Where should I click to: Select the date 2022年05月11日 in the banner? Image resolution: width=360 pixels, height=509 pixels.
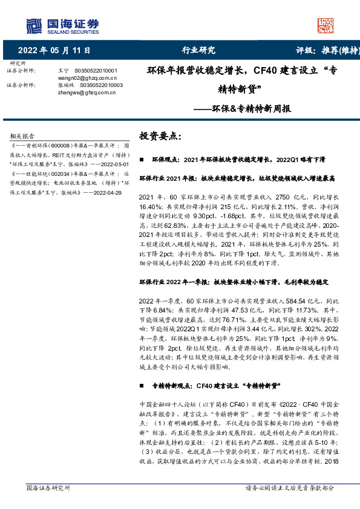[54, 50]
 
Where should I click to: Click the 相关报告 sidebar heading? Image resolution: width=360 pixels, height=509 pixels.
[23, 137]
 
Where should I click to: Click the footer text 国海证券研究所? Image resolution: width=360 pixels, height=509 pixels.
[48, 488]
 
